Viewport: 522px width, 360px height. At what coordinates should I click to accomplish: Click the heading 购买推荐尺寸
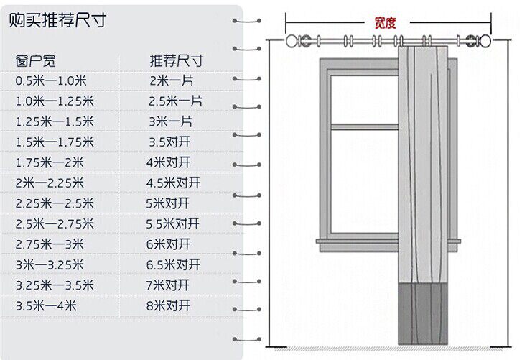point(57,20)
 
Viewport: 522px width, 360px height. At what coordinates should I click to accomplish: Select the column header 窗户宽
point(35,60)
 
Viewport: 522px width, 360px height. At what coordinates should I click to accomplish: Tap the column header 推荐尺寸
point(176,60)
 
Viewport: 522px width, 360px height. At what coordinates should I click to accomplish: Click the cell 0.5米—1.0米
point(51,80)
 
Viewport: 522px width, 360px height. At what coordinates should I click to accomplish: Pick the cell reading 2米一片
point(171,80)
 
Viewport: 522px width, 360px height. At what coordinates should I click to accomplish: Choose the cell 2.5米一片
point(175,101)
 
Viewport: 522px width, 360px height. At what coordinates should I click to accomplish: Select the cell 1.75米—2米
point(50,162)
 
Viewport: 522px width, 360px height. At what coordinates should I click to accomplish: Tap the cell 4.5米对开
point(172,183)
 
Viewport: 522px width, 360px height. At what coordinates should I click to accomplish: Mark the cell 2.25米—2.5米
point(55,203)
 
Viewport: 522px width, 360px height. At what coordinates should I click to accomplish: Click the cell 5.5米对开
point(172,223)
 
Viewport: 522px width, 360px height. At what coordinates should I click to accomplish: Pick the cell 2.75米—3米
point(50,244)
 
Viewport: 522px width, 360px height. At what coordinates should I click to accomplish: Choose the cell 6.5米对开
point(172,264)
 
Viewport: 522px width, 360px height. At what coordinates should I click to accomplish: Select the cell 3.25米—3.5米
point(55,285)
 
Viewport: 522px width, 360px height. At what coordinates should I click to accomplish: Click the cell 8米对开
point(168,305)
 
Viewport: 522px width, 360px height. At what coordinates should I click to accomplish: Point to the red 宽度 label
point(385,22)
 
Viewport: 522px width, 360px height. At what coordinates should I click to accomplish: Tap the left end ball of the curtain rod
point(291,40)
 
